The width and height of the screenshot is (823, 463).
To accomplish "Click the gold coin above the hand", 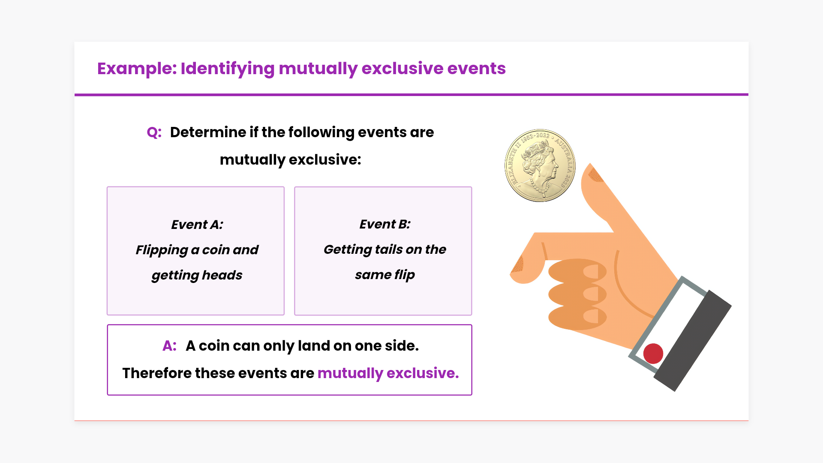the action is [540, 165].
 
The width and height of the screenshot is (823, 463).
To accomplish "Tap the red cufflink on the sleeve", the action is [653, 354].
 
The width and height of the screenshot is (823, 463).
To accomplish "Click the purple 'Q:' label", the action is [154, 132].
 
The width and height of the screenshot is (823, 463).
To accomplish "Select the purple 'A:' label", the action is [170, 346].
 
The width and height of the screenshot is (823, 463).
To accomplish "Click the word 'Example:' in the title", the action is [137, 69].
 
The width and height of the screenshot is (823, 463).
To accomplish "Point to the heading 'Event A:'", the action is [197, 225].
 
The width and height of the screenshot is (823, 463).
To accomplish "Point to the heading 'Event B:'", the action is [384, 224].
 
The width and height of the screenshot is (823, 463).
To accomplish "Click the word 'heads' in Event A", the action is [222, 275].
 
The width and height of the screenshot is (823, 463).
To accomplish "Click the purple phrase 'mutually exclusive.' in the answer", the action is [388, 373].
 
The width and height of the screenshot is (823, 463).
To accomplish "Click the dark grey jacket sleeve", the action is [693, 340].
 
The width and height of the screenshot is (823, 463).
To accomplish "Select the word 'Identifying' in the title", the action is [228, 69].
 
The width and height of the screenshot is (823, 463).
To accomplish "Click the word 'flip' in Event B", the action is [404, 275].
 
